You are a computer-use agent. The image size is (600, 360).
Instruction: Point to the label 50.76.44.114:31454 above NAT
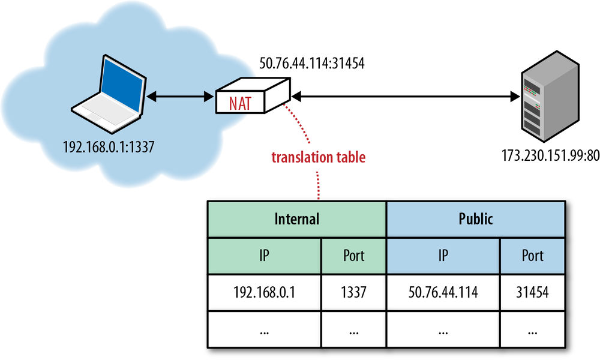tap(312, 62)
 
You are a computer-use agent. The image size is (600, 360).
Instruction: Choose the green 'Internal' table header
tap(297, 219)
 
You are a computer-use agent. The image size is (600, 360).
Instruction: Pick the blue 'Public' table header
tap(475, 219)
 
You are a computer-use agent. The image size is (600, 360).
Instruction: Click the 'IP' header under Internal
tap(265, 256)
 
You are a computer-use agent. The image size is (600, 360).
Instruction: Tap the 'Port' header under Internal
tap(353, 256)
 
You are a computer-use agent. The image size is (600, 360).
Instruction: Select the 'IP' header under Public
tap(443, 256)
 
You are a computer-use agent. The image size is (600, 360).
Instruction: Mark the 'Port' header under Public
tap(532, 256)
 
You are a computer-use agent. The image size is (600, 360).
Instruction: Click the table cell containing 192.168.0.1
tap(265, 293)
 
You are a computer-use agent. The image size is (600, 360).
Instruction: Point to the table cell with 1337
tap(353, 293)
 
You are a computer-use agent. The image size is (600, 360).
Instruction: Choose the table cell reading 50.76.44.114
tap(443, 293)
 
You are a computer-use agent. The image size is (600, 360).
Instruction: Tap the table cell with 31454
tap(532, 293)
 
